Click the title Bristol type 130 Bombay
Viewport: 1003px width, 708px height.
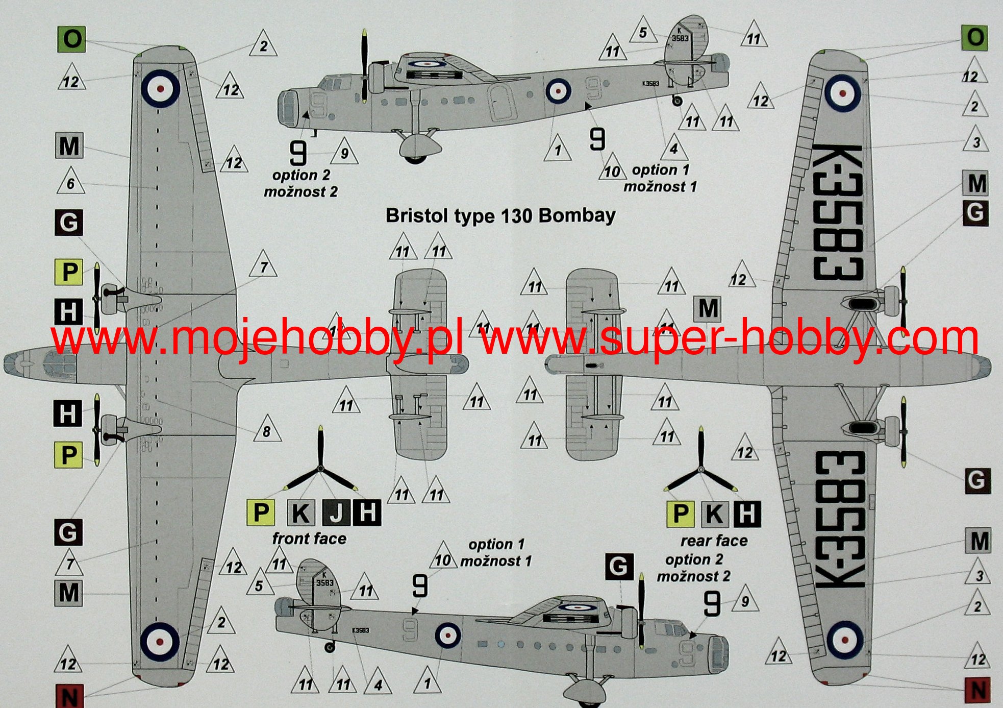500,216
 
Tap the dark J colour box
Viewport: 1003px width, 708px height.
336,512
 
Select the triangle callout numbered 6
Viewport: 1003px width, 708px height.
70,182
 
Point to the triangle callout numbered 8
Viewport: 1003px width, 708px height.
266,431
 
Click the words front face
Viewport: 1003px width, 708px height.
309,539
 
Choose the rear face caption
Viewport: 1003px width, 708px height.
714,541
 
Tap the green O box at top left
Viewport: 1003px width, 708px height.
71,39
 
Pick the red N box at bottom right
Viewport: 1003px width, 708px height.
978,690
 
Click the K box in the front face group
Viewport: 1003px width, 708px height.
300,512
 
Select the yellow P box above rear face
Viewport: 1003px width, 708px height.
681,514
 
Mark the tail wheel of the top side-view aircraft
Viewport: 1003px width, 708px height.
677,101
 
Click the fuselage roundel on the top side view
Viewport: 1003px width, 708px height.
558,91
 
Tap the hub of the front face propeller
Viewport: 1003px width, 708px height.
320,468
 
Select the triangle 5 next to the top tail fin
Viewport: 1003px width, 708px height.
643,32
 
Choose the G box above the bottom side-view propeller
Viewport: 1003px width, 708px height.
619,566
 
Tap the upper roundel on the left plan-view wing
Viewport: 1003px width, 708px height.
161,88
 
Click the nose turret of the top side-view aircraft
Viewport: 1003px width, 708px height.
288,108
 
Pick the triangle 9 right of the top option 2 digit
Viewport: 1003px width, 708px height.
344,152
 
